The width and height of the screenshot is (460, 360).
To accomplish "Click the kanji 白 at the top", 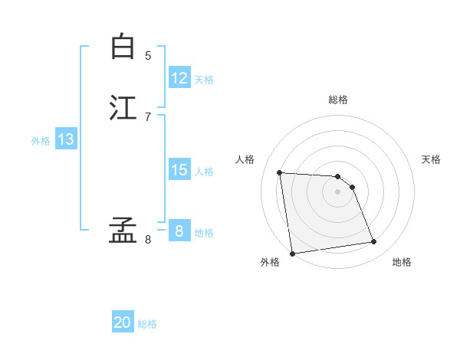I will [x=123, y=47].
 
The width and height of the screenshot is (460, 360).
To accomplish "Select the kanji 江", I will [x=123, y=107].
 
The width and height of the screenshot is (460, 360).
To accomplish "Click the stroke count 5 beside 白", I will [x=148, y=55].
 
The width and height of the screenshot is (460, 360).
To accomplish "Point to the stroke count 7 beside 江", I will [x=148, y=116].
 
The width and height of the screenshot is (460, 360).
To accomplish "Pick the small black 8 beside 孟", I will [x=148, y=239].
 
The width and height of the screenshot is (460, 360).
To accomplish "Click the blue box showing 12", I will [x=179, y=78].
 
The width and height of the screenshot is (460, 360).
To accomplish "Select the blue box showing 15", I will [x=179, y=170].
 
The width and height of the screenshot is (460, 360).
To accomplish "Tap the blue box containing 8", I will [x=179, y=231].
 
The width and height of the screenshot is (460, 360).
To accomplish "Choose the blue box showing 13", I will [x=66, y=139].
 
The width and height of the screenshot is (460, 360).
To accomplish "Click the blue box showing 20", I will [x=123, y=322].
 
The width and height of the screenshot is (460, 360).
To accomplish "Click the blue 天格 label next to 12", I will [x=204, y=80].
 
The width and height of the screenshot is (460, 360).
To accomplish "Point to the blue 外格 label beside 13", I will [x=41, y=141].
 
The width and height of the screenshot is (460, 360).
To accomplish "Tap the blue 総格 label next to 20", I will [x=147, y=324].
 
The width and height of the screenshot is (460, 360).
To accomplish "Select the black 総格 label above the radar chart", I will [x=338, y=100].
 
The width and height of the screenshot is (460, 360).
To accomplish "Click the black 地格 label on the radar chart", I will [x=402, y=262].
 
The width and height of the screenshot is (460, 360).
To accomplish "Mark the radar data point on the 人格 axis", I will [x=280, y=172].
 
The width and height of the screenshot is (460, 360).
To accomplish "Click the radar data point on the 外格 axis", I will [x=292, y=253].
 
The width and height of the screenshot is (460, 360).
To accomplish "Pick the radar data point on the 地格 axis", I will [x=373, y=242].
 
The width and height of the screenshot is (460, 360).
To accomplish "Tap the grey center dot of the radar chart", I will [x=337, y=192].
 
